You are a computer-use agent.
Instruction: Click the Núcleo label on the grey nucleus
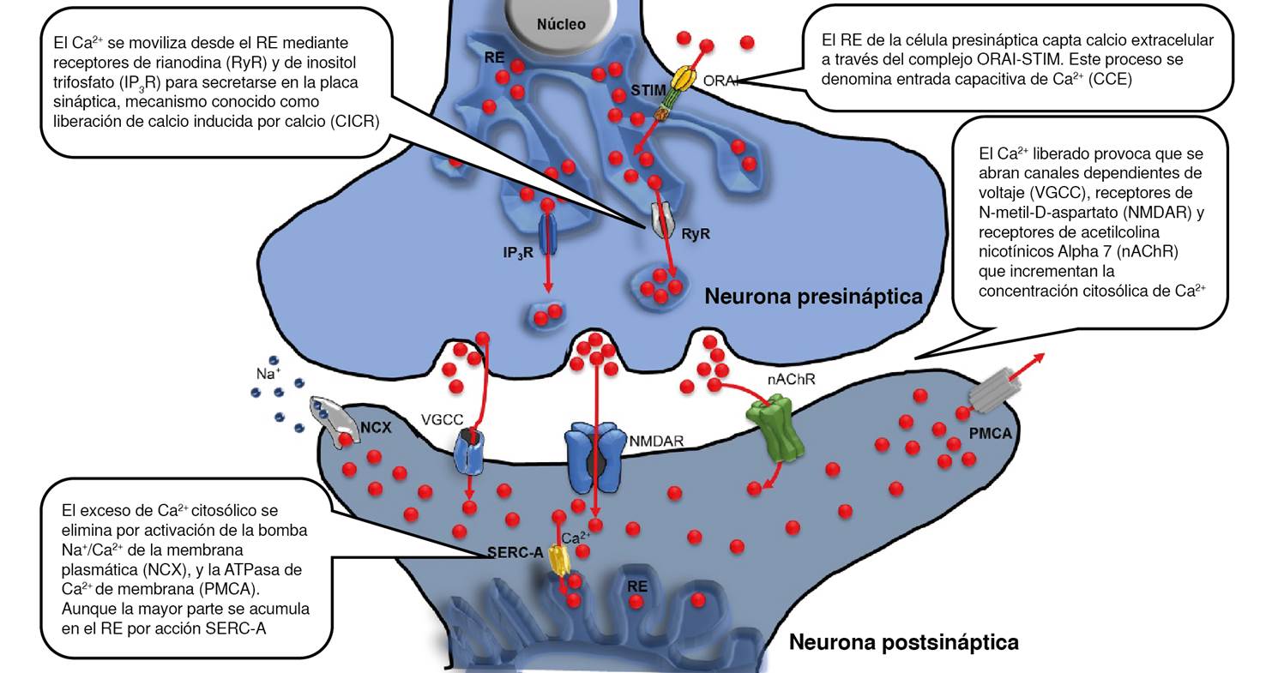click(561, 24)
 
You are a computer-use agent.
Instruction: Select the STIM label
click(647, 88)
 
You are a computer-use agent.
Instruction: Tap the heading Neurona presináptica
click(813, 297)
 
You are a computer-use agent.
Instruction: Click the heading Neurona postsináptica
click(903, 642)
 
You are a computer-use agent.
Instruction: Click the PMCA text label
click(990, 434)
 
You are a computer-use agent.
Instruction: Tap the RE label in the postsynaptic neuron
click(636, 586)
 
